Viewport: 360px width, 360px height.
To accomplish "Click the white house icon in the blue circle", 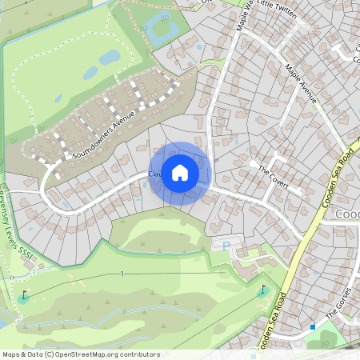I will tap(180, 173).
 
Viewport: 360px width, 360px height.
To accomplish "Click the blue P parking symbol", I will tap(226, 245).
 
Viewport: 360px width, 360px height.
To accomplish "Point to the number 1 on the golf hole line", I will tap(122, 274).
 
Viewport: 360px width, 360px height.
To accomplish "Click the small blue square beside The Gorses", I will tap(312, 326).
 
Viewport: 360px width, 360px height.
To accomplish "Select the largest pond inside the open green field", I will tap(109, 58).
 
